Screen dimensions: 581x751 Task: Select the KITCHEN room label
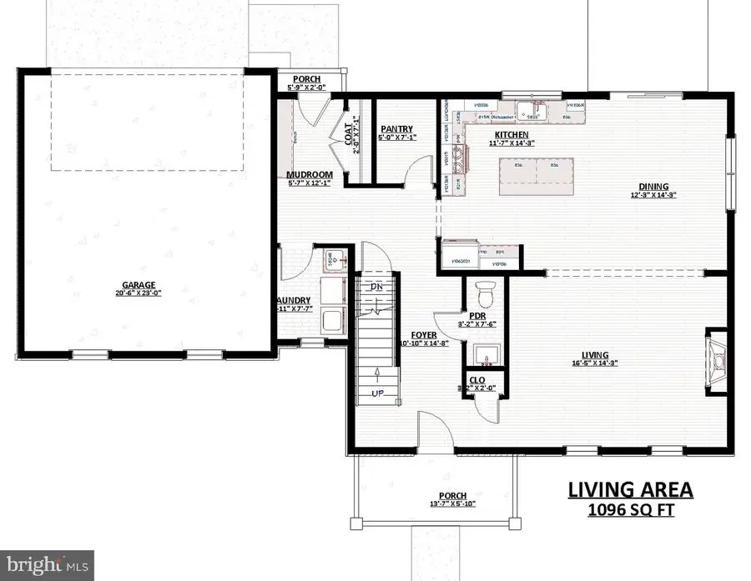[x=511, y=133]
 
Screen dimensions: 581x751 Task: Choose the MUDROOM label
[x=304, y=174]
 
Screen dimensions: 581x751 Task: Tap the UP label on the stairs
[x=377, y=393]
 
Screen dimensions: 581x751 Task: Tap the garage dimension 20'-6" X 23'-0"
[x=138, y=293]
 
